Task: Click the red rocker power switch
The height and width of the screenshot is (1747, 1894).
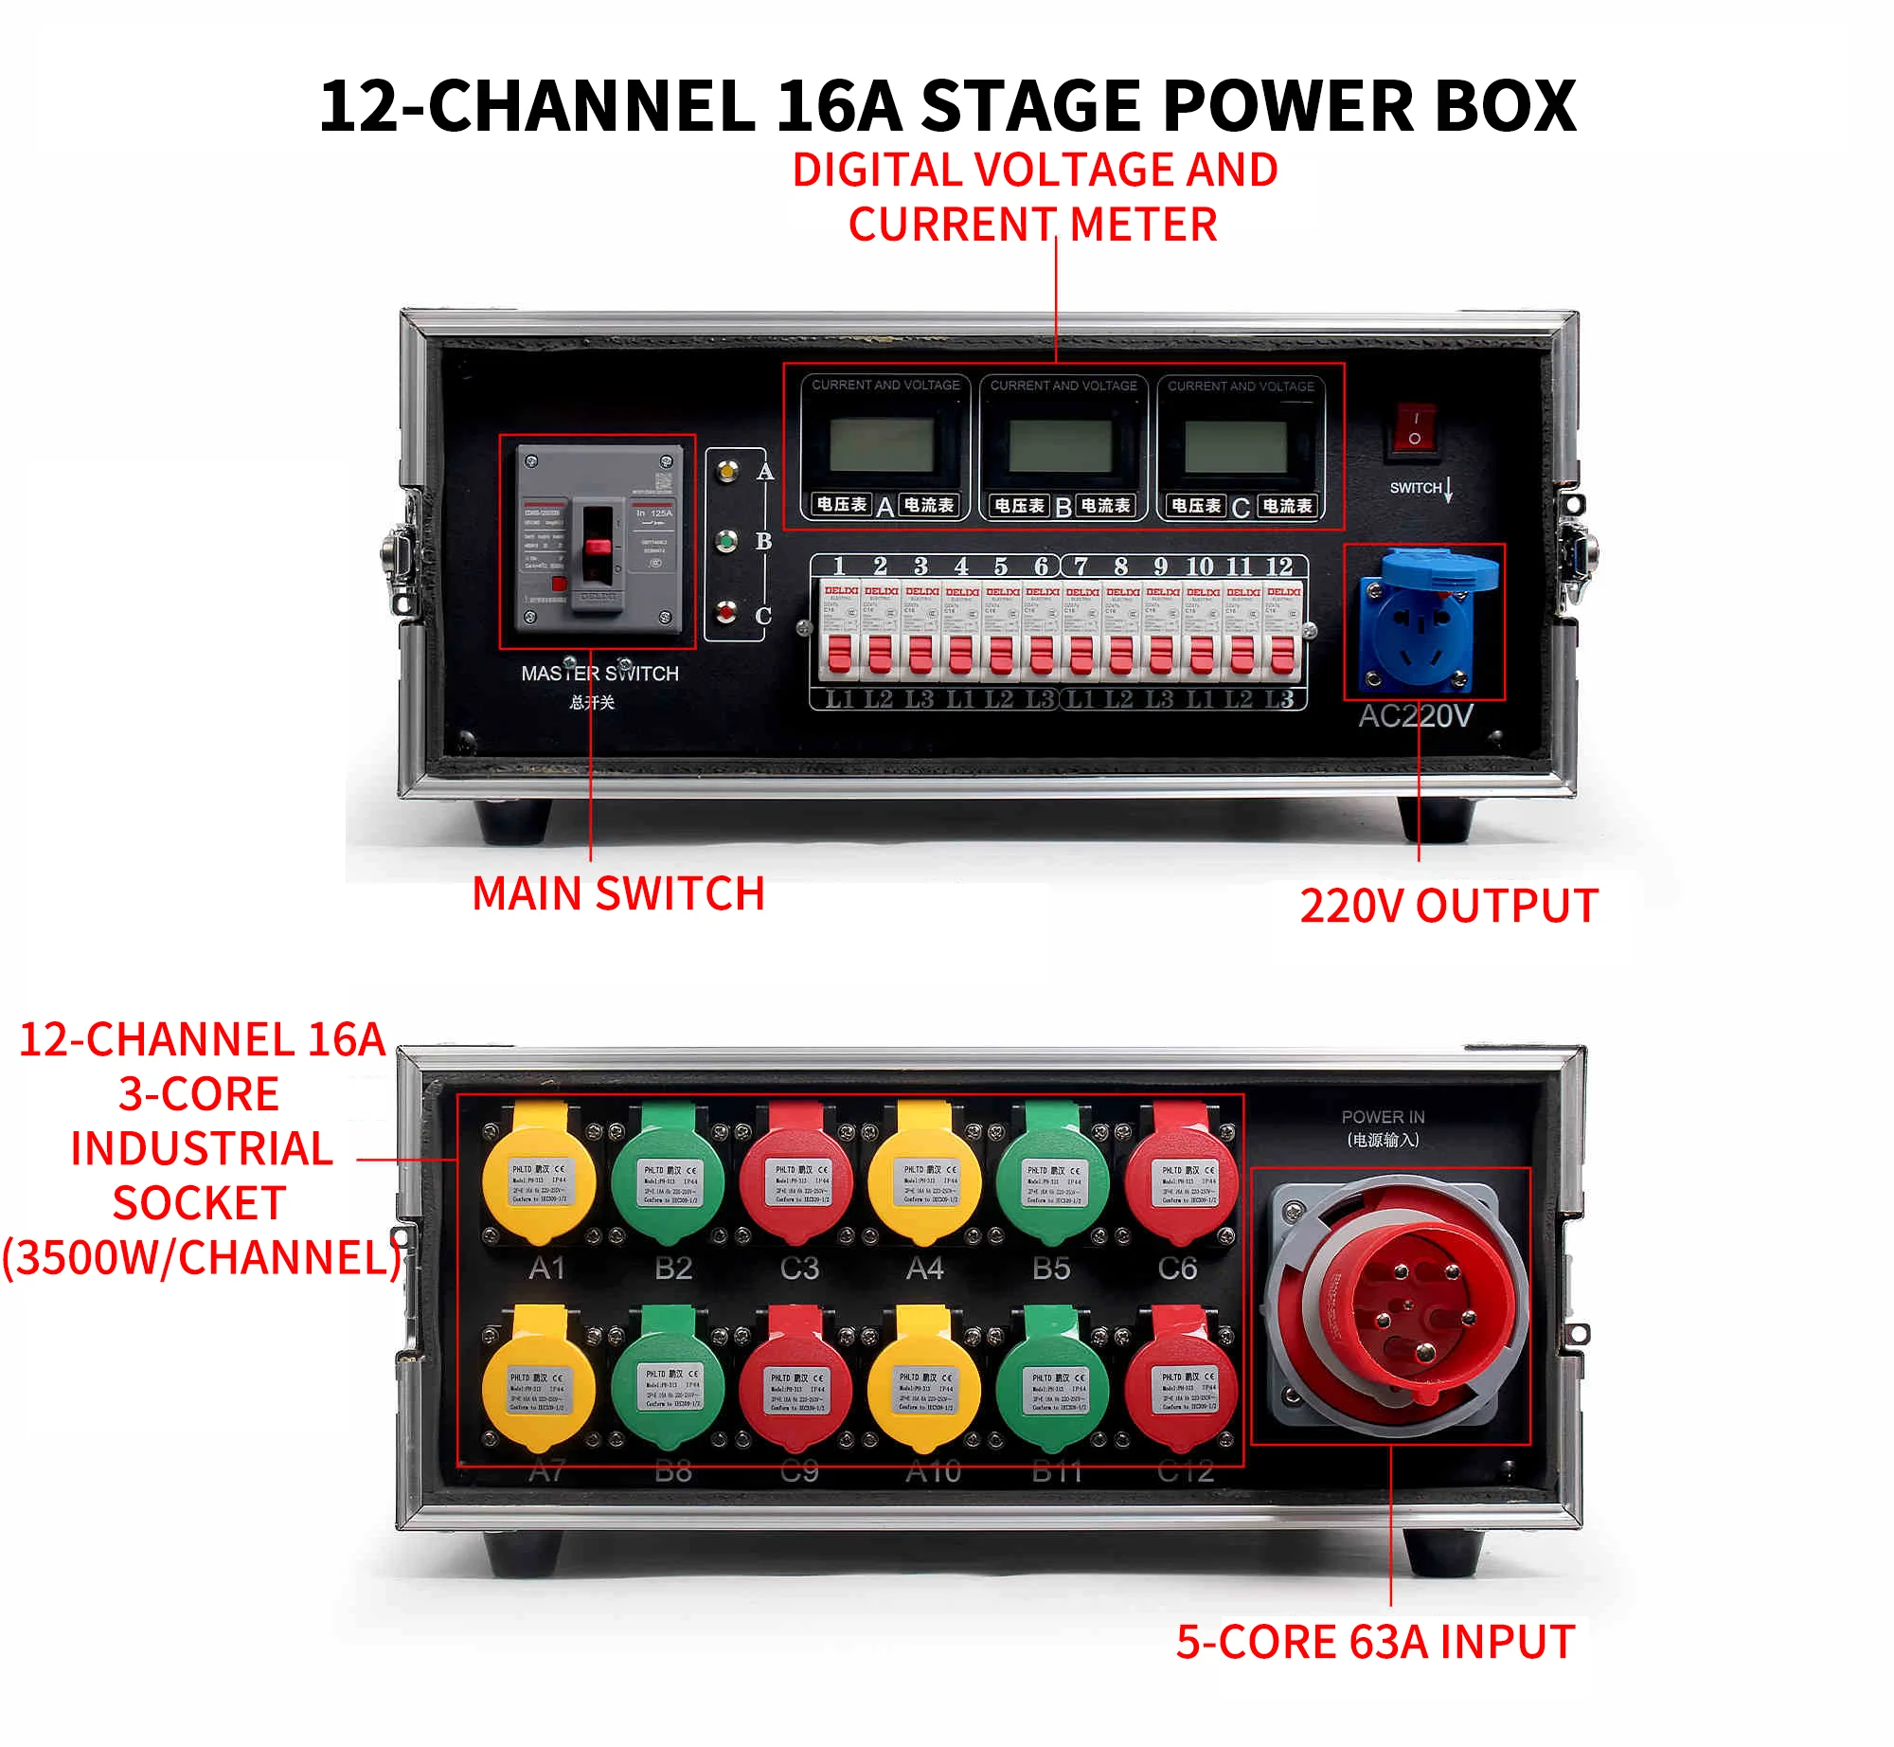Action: pos(1414,428)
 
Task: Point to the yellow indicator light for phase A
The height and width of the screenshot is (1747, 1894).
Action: pos(726,470)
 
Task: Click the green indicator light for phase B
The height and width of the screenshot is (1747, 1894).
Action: pos(726,541)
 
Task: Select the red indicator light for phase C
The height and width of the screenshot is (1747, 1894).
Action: pos(726,613)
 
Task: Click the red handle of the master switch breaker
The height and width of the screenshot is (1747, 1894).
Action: pos(597,547)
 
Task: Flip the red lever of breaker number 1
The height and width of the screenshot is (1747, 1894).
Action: pos(839,654)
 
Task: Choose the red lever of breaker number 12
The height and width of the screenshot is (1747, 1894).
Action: pos(1282,654)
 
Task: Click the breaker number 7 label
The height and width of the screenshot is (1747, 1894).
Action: pos(1081,567)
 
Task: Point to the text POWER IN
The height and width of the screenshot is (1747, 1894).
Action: pos(1383,1117)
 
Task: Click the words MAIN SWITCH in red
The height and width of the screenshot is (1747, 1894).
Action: pos(618,893)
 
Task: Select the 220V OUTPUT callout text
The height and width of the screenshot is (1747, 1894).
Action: pos(1448,906)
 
